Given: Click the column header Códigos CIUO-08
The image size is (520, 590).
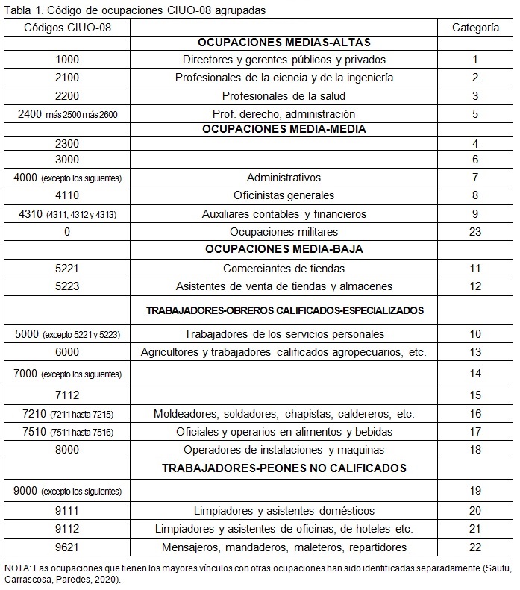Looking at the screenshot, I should point(67,27).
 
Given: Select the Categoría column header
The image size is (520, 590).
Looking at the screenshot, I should point(476,27).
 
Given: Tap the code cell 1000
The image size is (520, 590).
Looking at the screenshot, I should point(67,60).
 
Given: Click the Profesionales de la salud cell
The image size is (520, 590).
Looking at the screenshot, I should point(284,96).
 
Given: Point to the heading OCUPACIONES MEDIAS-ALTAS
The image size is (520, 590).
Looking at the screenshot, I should point(284,43).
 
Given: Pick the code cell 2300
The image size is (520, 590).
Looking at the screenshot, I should point(67,142).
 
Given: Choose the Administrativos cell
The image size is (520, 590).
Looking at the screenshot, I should point(284,178).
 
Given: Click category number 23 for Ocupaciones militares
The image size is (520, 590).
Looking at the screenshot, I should point(476,232).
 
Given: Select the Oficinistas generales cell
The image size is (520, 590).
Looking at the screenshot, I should point(284,195).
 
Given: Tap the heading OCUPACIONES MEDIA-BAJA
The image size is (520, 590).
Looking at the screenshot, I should point(284,249).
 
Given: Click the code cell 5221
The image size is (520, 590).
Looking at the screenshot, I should point(67,269).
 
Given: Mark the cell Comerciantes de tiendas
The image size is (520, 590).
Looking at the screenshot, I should point(284,269).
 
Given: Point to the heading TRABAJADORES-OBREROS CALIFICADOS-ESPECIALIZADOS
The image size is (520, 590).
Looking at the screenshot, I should point(284,310).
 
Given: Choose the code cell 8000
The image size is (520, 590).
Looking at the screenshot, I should point(67,450).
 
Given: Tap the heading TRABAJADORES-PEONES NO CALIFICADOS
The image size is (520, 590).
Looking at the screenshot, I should point(284,468).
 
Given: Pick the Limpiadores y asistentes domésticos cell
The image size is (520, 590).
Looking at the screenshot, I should point(284,511).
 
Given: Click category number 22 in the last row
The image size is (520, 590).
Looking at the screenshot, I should point(476,547).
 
